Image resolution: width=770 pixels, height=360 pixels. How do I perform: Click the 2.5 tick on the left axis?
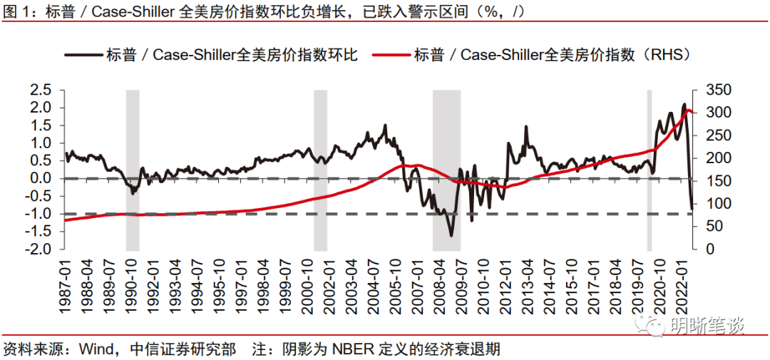click(x=40, y=90)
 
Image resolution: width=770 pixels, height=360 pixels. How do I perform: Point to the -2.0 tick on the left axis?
click(x=38, y=250)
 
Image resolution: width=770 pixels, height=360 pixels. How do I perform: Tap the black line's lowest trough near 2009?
click(x=451, y=235)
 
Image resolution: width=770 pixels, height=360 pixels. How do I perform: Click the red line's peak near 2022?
click(x=687, y=110)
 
